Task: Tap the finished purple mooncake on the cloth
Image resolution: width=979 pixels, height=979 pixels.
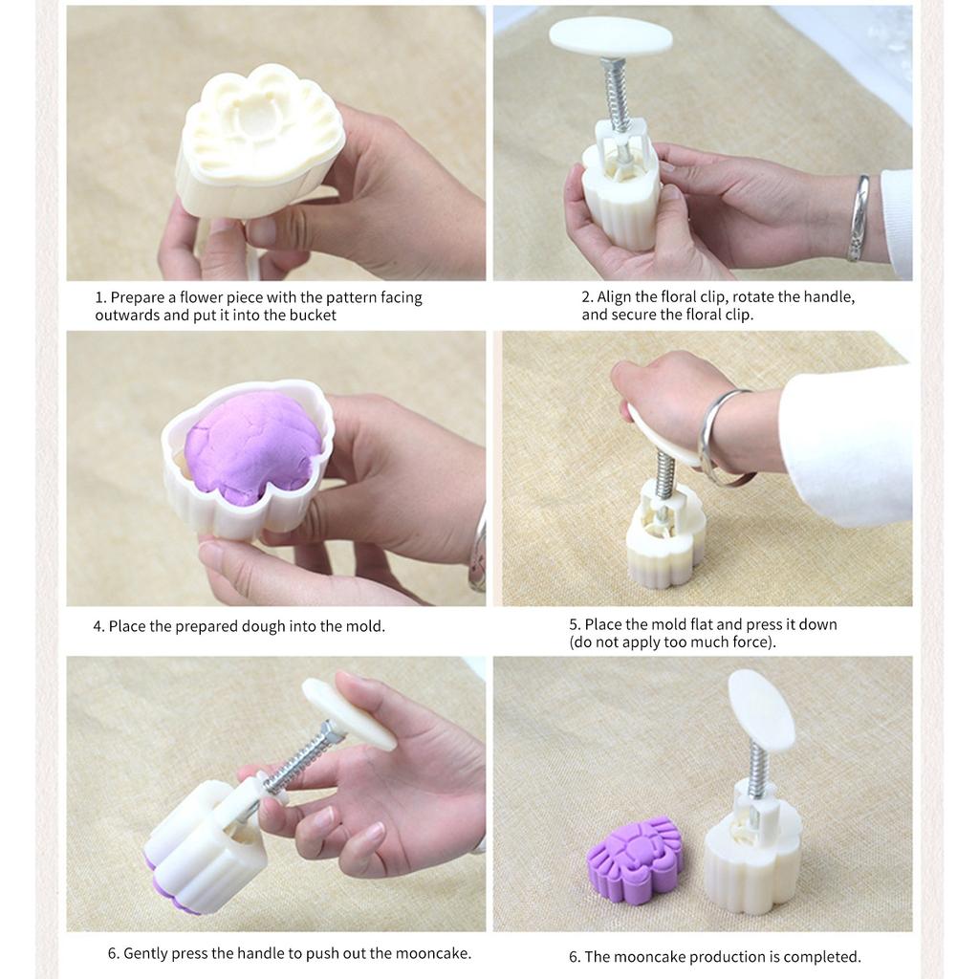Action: point(635,858)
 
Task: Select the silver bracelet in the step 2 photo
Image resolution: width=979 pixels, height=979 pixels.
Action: point(859,218)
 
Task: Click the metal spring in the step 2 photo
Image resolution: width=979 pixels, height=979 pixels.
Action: point(618,94)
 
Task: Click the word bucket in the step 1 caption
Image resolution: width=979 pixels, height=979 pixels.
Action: point(313,315)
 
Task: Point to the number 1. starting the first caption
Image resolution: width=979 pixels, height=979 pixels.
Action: point(100,297)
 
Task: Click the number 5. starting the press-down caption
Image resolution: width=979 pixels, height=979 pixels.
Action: point(575,624)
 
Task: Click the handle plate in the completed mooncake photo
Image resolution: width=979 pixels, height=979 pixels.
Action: point(761,709)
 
